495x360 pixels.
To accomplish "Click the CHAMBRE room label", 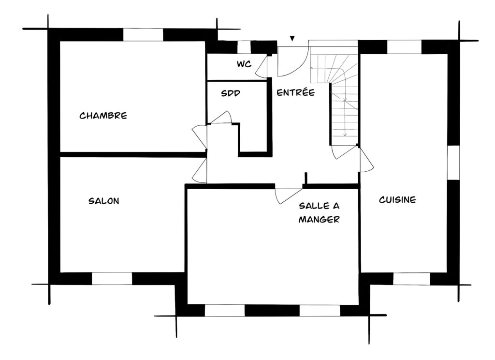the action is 103,116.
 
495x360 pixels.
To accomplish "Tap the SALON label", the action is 104,201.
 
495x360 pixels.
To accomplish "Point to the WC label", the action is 244,64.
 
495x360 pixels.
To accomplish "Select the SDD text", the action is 231,93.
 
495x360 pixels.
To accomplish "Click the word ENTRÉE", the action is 296,92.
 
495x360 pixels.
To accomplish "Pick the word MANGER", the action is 319,219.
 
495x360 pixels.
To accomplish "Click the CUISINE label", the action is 397,200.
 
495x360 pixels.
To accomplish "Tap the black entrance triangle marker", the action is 292,39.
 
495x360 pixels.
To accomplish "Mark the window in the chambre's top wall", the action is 143,35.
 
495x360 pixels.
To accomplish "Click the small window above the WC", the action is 244,47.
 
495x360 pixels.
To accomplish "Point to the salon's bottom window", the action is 112,278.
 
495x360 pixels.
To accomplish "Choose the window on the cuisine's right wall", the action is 453,163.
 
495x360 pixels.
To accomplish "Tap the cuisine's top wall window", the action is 405,47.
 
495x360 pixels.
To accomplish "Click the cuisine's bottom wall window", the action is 412,279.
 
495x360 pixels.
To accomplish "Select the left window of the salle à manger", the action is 225,310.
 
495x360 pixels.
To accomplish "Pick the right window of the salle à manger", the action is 320,310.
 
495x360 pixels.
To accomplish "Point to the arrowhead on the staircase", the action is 345,134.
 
